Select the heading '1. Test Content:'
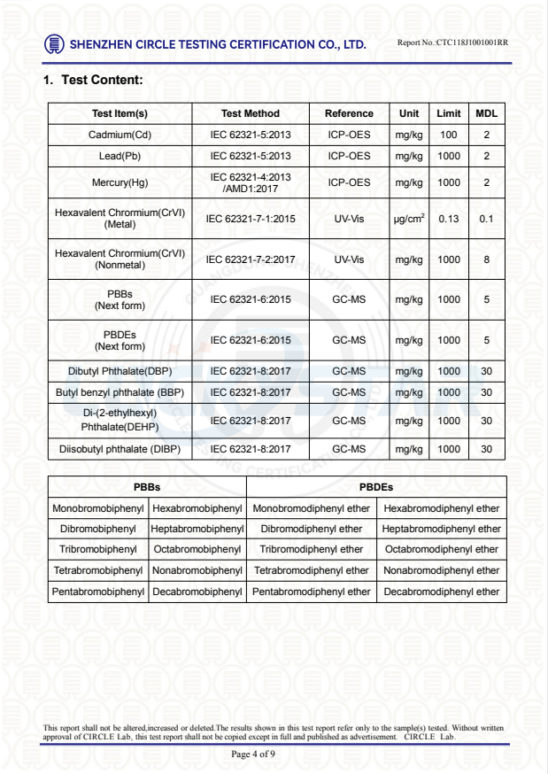tap(93, 81)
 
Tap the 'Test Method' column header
tap(250, 113)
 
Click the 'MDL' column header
tap(486, 113)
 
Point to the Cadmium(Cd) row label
tap(120, 135)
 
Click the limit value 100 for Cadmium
tap(448, 135)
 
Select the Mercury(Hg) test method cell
tap(250, 182)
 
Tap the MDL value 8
tap(486, 260)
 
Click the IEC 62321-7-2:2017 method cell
tap(250, 260)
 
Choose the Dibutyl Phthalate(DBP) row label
tap(120, 371)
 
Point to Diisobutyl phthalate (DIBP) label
tap(120, 449)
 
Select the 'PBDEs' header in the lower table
tap(375, 487)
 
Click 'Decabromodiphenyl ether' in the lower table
tap(442, 592)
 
